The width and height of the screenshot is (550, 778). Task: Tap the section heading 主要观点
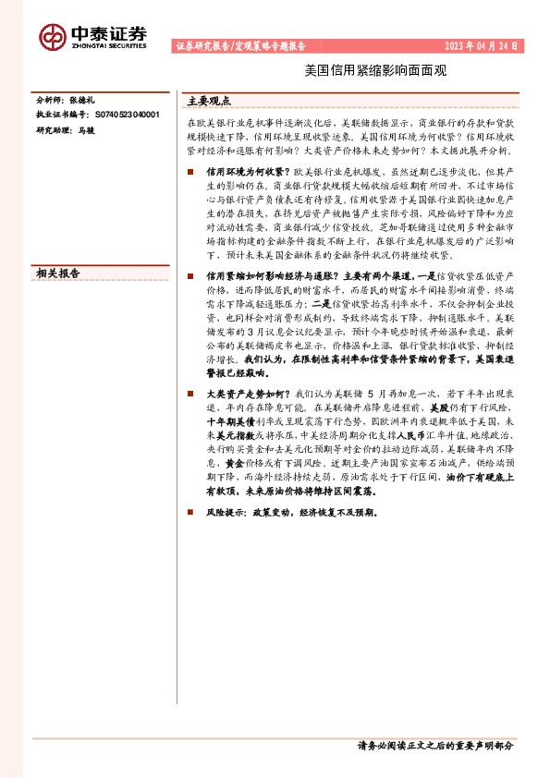tap(209, 101)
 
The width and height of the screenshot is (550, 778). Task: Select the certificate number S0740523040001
tap(127, 115)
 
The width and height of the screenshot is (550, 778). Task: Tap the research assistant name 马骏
tap(86, 130)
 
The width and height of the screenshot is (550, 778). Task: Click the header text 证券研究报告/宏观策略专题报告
tap(239, 45)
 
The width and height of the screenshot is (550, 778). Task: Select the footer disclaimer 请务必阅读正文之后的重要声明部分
tap(434, 746)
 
